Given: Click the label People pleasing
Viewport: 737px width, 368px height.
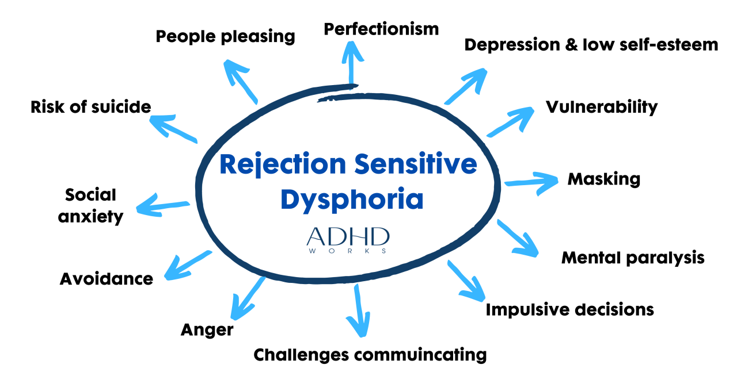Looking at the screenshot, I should click(225, 36).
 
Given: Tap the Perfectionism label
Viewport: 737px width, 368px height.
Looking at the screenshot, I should click(381, 28).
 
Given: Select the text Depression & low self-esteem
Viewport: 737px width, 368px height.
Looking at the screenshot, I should click(591, 44).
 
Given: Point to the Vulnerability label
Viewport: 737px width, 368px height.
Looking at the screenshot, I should click(602, 107).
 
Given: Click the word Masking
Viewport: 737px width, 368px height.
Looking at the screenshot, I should click(603, 179).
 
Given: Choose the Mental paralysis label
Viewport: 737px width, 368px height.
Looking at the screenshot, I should click(633, 257).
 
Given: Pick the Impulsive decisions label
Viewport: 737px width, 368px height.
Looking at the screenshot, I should click(569, 309).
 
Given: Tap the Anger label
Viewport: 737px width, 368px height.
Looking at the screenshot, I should click(207, 329).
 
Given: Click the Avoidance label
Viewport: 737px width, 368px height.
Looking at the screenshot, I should click(107, 279).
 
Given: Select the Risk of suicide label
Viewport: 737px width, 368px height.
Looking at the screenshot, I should click(91, 106).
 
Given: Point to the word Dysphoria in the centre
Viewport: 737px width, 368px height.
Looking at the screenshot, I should click(352, 199).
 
